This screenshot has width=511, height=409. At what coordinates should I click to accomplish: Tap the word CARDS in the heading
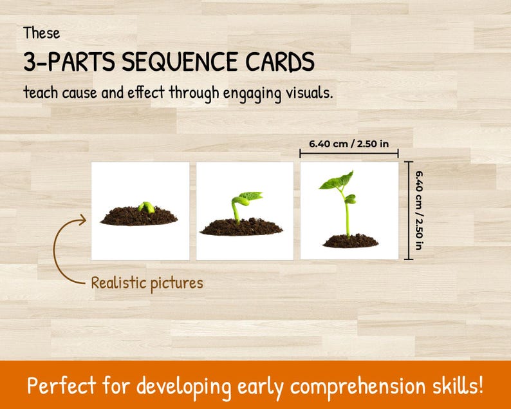coord(279,62)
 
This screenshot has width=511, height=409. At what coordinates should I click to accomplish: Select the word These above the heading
coord(42,32)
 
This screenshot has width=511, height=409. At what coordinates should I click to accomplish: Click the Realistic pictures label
coord(147,283)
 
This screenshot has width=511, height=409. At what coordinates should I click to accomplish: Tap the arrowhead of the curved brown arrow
coord(82,222)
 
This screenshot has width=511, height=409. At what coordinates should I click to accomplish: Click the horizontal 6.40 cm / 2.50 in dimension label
coord(349,143)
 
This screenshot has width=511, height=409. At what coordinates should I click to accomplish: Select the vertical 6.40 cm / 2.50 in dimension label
coord(420,210)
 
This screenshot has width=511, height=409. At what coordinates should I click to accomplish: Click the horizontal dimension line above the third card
coord(349,153)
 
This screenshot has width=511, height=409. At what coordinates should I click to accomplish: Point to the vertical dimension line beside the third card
coord(408,211)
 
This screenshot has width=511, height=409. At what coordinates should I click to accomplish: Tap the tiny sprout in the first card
coord(147,207)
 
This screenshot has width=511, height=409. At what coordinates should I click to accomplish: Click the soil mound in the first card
coord(139,216)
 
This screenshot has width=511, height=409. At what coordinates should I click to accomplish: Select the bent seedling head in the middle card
coord(248,196)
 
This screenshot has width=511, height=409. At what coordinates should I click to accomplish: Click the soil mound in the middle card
coord(241,227)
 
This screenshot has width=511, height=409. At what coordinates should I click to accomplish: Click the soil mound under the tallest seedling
coord(350,241)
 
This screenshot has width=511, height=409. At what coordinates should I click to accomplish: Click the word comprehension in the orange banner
coord(362,388)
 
